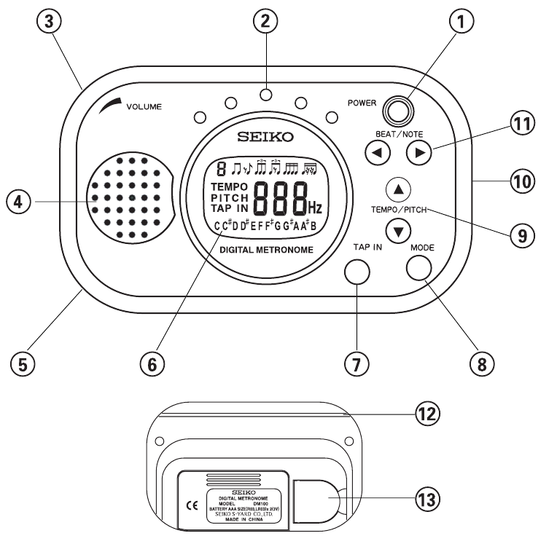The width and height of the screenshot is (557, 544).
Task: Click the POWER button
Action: [399, 111]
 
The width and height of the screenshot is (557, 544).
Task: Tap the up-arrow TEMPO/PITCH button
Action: [397, 189]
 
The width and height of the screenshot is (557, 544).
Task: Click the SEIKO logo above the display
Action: [268, 137]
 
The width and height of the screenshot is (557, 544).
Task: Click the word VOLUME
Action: [144, 106]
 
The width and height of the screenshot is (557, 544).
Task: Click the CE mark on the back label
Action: [192, 502]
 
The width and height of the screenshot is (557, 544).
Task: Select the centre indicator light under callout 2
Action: [266, 95]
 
